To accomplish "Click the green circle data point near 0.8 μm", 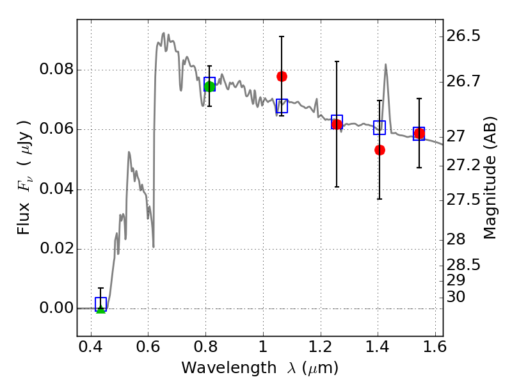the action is pos(210,86).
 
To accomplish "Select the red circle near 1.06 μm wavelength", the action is pos(282,76).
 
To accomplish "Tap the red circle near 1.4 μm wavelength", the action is pos(380,150).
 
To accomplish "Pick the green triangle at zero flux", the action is pos(101,309).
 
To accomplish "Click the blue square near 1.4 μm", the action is pos(380,127).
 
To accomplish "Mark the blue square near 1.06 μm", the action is pos(282,106).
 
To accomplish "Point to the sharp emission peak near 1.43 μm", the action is pos(386,65).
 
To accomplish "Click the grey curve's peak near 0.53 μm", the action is pos(129,152).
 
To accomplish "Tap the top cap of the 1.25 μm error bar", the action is pos(337,61).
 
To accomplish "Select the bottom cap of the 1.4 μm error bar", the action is pos(380,199).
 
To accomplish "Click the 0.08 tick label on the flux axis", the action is pos(56,69).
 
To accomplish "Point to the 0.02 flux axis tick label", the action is pos(56,248).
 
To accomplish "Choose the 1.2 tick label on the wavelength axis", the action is pos(321,347).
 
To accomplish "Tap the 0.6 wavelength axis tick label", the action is pos(148,347).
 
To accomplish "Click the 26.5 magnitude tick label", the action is pos(463,36).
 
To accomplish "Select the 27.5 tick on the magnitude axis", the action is pos(463,199).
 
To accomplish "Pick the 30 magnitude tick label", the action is pos(456,297).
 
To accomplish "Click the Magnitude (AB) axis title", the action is pos(490,178).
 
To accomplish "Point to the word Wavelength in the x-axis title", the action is pos(229,368).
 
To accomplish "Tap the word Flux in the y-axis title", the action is pos(24,219).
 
